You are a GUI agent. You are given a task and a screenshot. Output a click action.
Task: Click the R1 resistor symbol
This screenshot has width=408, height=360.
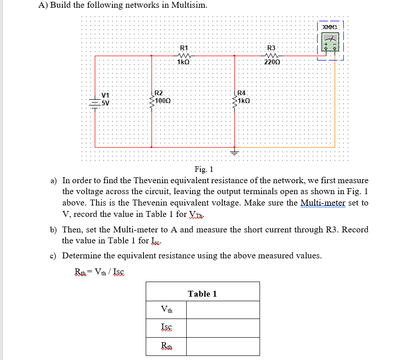click(184, 56)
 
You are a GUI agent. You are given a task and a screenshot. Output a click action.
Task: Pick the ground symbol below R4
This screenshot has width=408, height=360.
click(235, 152)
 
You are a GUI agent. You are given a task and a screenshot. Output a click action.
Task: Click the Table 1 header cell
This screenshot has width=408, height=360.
click(203, 294)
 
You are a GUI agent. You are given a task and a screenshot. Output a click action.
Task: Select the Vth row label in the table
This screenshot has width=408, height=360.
click(167, 310)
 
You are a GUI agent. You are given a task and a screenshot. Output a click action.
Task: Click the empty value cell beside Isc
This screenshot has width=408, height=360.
click(223, 328)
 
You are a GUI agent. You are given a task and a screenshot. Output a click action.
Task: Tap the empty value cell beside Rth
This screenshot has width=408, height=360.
click(223, 346)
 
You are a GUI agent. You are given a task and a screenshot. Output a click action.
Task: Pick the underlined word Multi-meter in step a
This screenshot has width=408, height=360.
click(323, 203)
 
